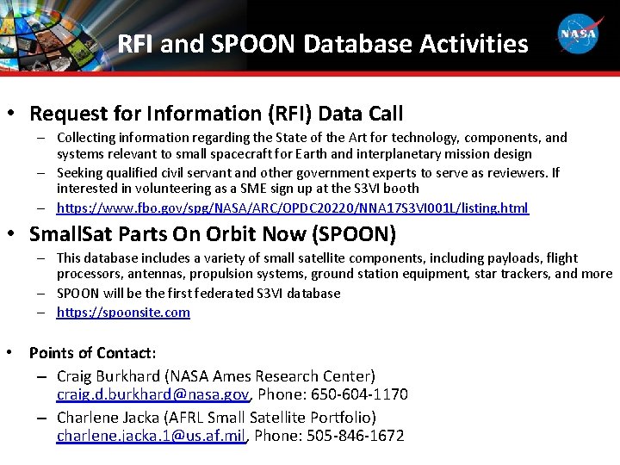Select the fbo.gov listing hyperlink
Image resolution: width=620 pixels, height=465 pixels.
[293, 208]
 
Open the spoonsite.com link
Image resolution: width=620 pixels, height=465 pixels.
[123, 313]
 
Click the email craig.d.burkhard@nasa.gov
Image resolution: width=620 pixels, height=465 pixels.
[152, 394]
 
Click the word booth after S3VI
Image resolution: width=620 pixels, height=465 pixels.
[400, 188]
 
